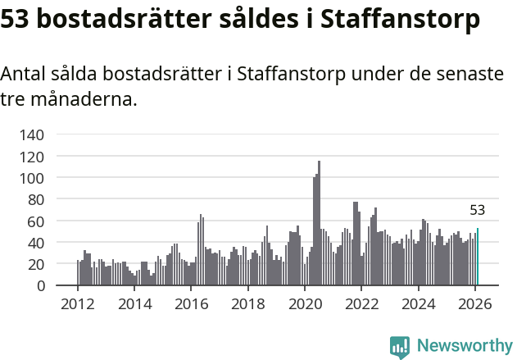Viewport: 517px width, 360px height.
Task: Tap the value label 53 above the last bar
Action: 478,210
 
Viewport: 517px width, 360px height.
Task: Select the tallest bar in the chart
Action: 319,223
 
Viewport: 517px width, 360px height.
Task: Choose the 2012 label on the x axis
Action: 78,303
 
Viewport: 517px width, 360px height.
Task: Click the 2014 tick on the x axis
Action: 134,303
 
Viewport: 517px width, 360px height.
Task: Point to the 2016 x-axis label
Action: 191,303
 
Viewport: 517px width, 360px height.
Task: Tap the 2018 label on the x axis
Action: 248,303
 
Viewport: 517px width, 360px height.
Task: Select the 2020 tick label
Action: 305,303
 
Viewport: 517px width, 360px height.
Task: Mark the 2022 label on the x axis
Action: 361,303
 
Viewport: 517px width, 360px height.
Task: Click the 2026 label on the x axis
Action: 475,303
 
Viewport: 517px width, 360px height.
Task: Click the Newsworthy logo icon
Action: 400,347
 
